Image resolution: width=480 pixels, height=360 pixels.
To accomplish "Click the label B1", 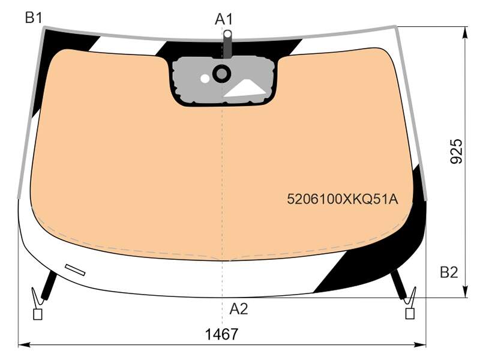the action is click(34, 18).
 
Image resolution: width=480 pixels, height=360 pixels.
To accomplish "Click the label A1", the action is click(224, 19).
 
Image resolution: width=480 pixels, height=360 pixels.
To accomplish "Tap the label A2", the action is click(238, 309).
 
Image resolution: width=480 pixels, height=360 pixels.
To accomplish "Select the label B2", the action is click(449, 272).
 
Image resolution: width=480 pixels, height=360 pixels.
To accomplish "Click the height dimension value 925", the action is click(457, 151).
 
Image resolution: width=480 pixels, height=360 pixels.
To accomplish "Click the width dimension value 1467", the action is click(221, 334).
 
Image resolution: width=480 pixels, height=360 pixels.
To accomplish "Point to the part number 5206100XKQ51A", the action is click(343, 199).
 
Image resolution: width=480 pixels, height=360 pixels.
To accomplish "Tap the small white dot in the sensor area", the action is click(205, 79).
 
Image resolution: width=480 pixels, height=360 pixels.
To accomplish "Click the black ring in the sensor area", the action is click(221, 73).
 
